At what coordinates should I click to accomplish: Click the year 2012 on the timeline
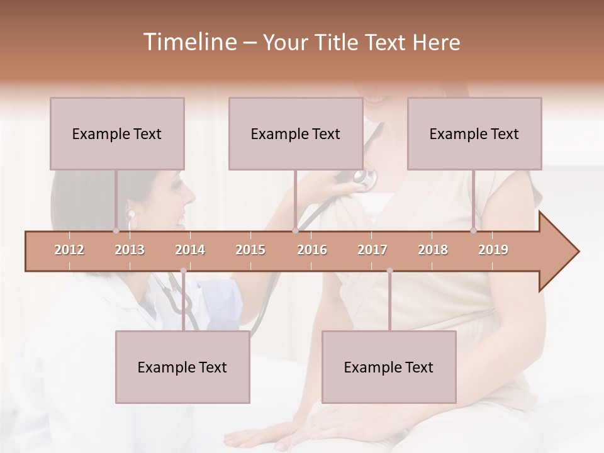pyautogui.click(x=69, y=250)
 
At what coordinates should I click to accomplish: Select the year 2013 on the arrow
pyautogui.click(x=130, y=250)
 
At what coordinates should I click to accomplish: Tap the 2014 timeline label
pyautogui.click(x=190, y=250)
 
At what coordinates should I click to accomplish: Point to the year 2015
pyautogui.click(x=250, y=250)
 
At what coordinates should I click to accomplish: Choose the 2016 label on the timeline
pyautogui.click(x=312, y=250)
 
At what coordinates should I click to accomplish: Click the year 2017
pyautogui.click(x=372, y=250)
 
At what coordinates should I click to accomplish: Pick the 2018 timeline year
pyautogui.click(x=433, y=250)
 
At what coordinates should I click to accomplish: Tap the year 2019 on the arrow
pyautogui.click(x=493, y=250)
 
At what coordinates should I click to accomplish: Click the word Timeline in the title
pyautogui.click(x=189, y=42)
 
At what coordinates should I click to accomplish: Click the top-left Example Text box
pyautogui.click(x=117, y=133)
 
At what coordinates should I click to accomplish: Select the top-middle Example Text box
pyautogui.click(x=296, y=133)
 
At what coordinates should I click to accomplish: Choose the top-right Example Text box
pyautogui.click(x=474, y=133)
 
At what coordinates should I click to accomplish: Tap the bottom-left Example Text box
pyautogui.click(x=182, y=367)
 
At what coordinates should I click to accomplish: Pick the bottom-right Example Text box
pyautogui.click(x=389, y=367)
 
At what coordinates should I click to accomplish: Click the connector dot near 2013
pyautogui.click(x=116, y=231)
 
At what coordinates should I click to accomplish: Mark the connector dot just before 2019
pyautogui.click(x=473, y=231)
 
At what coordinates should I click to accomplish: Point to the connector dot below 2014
pyautogui.click(x=183, y=271)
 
